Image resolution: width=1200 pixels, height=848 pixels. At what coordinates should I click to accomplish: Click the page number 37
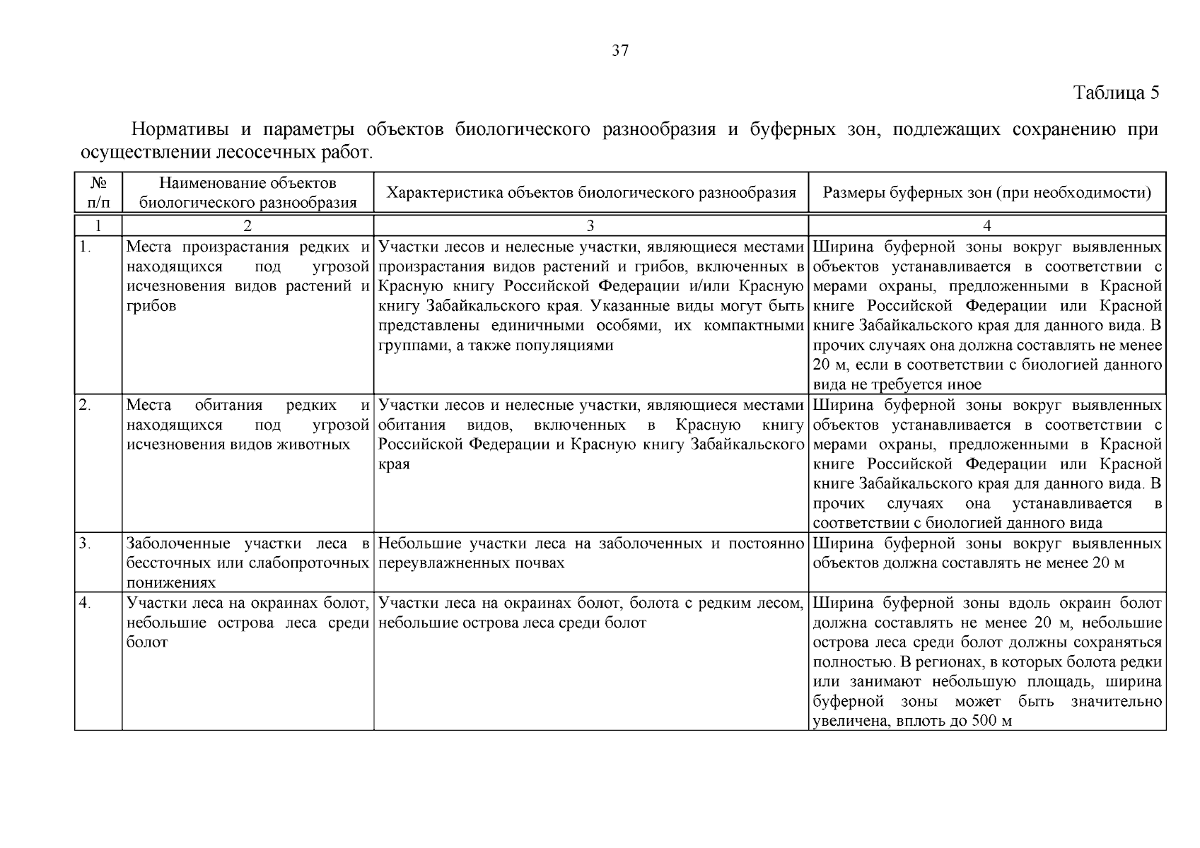(x=619, y=51)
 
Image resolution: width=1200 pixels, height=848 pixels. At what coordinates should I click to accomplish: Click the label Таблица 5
(x=1116, y=93)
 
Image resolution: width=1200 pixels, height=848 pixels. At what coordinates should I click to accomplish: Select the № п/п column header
(x=98, y=192)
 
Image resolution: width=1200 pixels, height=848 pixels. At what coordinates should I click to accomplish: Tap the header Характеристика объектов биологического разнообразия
(x=591, y=193)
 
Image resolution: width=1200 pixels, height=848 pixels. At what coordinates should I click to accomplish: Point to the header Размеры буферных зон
(x=987, y=193)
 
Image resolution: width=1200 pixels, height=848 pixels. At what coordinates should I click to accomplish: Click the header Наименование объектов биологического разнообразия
(x=247, y=193)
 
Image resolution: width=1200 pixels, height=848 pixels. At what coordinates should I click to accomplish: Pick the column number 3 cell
(x=590, y=225)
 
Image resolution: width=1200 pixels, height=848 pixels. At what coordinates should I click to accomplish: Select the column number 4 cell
(x=987, y=225)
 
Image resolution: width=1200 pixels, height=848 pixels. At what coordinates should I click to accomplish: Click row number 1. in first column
(x=86, y=247)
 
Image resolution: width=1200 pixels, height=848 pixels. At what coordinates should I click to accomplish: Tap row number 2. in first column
(x=86, y=405)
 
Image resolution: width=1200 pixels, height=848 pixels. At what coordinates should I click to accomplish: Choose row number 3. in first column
(x=86, y=543)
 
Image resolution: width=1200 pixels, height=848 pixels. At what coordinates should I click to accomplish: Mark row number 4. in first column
(x=86, y=603)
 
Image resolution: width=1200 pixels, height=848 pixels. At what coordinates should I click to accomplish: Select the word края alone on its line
(x=394, y=464)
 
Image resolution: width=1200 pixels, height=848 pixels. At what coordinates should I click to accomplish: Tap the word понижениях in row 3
(x=171, y=583)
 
